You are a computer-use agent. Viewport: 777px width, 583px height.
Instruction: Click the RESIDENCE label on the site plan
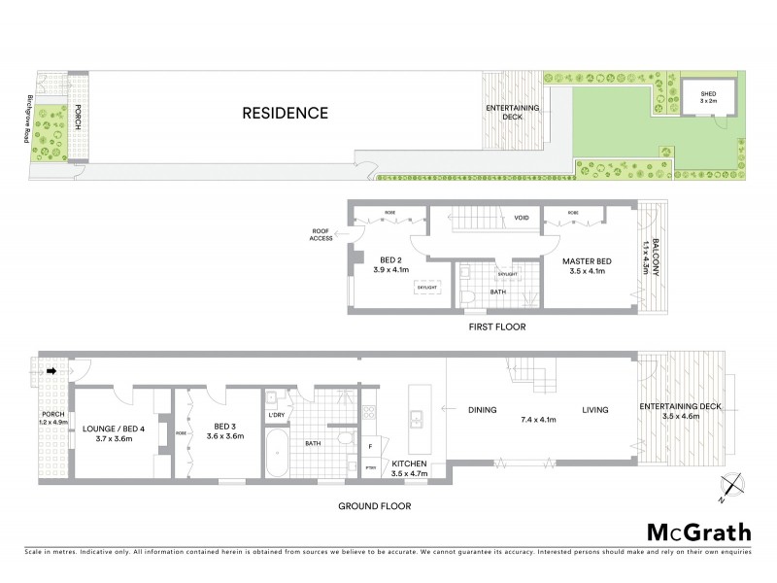[285, 113]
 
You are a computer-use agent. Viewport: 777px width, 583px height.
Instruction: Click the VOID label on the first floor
[522, 220]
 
